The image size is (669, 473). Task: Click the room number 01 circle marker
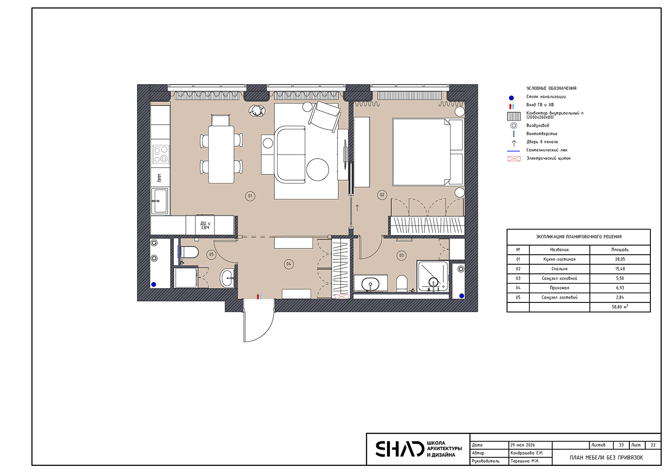click(250, 196)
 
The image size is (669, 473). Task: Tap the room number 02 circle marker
click(382, 195)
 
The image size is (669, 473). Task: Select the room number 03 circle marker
click(402, 255)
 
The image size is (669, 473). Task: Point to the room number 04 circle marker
click(289, 264)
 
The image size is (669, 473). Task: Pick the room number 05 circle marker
click(211, 254)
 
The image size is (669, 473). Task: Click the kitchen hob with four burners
click(161, 154)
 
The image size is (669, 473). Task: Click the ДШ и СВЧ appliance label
click(205, 226)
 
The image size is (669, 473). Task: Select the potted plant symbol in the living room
click(257, 110)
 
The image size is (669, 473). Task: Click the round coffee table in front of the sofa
click(317, 169)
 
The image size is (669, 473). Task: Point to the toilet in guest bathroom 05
click(189, 252)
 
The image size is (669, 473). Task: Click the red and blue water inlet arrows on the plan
click(259, 296)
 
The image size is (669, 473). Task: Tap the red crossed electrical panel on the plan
click(342, 296)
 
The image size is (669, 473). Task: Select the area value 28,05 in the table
click(620, 259)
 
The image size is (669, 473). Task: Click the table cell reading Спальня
click(560, 269)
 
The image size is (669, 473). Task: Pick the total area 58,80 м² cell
click(620, 307)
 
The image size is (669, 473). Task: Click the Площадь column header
click(620, 249)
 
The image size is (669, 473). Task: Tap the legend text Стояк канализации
click(546, 97)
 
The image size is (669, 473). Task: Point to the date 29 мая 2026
click(523, 445)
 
